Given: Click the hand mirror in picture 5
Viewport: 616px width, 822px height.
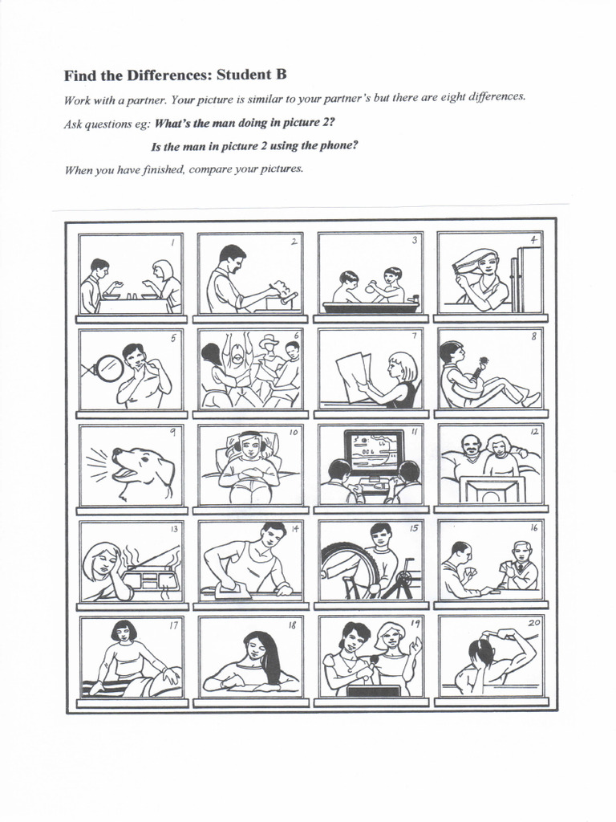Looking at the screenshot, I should (x=108, y=368).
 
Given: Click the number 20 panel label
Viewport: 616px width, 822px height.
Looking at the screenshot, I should (x=531, y=624).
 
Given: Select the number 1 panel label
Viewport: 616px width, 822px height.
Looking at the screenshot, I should (x=172, y=241).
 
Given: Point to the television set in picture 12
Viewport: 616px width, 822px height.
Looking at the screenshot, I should (x=492, y=489).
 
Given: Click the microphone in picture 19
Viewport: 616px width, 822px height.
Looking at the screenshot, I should (x=373, y=661).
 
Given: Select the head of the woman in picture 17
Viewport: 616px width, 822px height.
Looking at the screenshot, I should (x=123, y=631).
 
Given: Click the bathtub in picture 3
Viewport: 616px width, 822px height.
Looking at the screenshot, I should (x=370, y=307).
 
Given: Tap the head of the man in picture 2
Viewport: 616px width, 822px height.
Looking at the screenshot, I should (x=233, y=257).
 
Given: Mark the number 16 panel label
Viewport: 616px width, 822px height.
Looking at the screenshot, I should (x=533, y=528).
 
